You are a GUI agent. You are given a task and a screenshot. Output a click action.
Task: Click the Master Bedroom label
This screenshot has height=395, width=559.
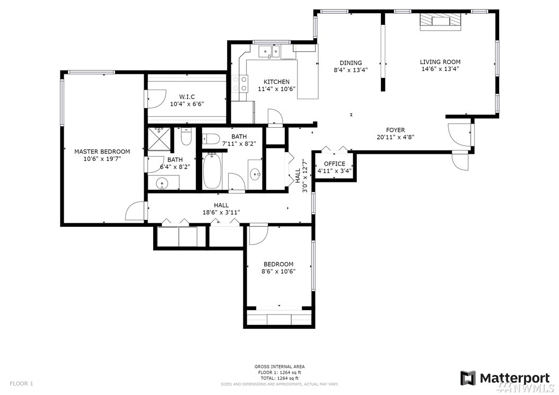point(102,152)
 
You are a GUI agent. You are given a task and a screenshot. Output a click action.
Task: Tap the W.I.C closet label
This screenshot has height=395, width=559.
point(187,97)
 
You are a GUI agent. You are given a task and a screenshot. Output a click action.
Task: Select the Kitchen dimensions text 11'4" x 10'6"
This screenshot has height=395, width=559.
point(277,89)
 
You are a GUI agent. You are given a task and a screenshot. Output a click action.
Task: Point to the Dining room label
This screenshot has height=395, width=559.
point(351,63)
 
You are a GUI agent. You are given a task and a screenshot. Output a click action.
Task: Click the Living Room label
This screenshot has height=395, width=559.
point(440,62)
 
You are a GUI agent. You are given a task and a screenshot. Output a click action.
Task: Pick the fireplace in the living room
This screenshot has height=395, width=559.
point(440,21)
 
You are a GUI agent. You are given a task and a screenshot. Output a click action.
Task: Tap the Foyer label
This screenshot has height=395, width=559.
point(395,130)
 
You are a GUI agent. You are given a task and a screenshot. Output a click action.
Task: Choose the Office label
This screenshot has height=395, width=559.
point(335,164)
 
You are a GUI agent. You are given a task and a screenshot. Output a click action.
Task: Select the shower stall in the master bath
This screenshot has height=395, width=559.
point(159,140)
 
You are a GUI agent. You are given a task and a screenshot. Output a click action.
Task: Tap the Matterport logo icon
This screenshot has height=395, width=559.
point(468,378)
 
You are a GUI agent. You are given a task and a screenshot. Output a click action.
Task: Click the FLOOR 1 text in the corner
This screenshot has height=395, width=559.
point(21,384)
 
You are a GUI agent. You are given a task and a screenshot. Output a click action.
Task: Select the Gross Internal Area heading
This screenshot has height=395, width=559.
point(279,366)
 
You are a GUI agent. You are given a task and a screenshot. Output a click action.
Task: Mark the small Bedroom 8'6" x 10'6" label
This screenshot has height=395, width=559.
point(278,264)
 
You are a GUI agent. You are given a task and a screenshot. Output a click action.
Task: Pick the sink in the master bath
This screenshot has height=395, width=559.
point(163,183)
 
